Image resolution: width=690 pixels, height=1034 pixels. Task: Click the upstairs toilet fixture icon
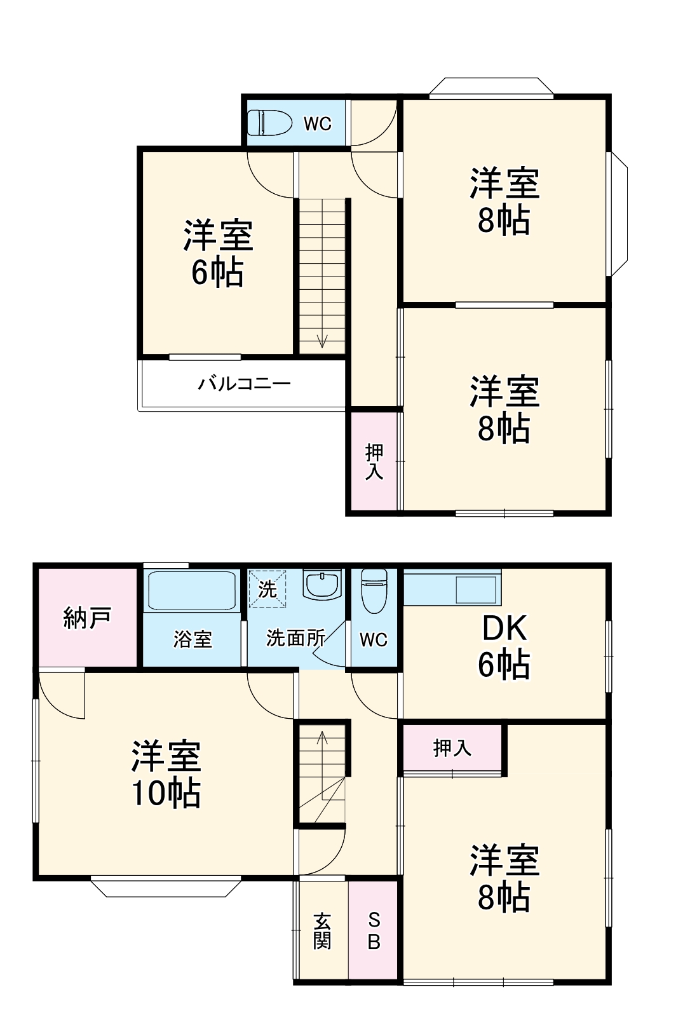269,123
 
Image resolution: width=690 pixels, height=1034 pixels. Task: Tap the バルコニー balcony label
245,384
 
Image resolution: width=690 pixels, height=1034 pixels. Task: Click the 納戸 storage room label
88,618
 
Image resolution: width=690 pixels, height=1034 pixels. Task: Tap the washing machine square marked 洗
267,590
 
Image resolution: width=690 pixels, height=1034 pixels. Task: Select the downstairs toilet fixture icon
374,590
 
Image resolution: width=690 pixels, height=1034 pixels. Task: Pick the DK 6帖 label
504,646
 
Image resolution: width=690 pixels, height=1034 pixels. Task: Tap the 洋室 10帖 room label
166,774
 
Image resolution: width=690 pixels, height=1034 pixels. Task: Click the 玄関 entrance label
322,931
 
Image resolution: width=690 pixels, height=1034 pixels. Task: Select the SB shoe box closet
374,931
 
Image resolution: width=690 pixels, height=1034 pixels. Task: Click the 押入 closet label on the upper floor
374,462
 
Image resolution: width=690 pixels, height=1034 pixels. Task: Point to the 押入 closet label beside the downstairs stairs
452,748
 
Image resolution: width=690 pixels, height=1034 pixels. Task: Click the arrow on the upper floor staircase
322,339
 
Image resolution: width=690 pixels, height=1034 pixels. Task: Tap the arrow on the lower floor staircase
322,739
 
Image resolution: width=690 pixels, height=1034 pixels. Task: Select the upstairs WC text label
317,124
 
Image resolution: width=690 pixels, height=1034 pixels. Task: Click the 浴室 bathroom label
193,639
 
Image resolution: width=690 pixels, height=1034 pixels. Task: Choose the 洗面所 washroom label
295,638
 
